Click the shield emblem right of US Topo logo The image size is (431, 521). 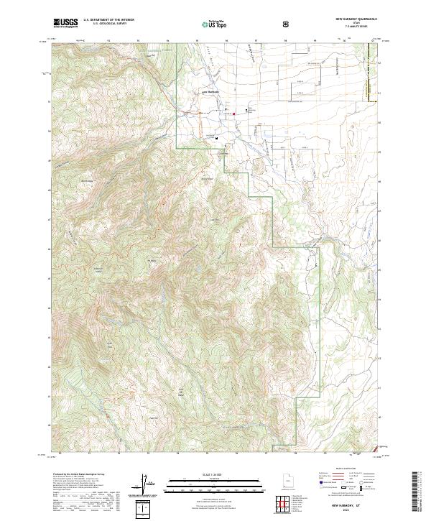pyautogui.click(x=247, y=23)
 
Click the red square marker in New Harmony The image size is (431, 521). pyautogui.click(x=234, y=114)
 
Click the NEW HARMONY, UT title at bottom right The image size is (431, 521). pyautogui.click(x=341, y=503)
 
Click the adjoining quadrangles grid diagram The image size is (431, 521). pyautogui.click(x=282, y=504)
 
